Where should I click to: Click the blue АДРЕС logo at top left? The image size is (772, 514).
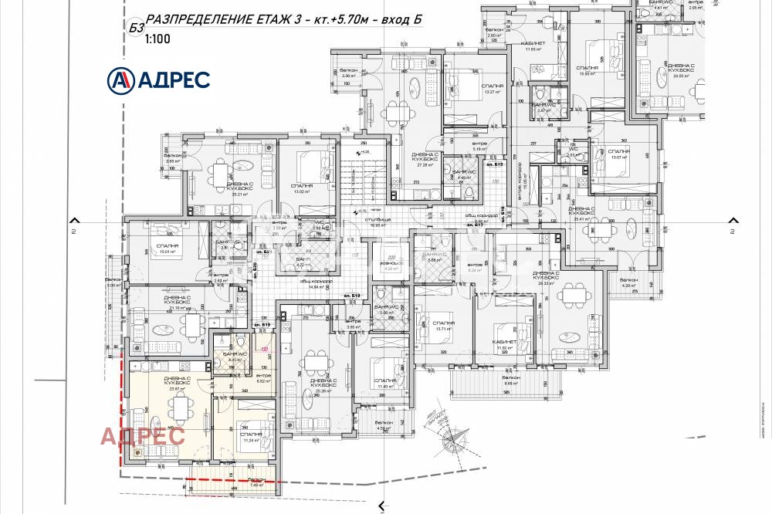(x=157, y=79)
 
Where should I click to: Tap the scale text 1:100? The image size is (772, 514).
(x=157, y=43)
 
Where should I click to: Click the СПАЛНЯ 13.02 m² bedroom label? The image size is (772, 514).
(x=303, y=188)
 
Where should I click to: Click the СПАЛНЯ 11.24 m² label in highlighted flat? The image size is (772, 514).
(x=251, y=437)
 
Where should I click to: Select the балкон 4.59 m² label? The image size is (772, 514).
(x=384, y=425)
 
